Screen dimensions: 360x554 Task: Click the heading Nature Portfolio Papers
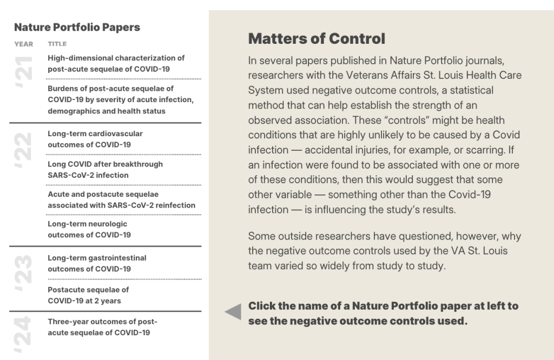pyautogui.click(x=77, y=28)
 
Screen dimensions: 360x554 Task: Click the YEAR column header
pyautogui.click(x=23, y=44)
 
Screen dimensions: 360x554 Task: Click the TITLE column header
pyautogui.click(x=57, y=44)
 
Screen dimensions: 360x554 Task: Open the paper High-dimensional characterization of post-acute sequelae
pyautogui.click(x=116, y=63)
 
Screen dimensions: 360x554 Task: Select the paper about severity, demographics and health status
pyautogui.click(x=120, y=99)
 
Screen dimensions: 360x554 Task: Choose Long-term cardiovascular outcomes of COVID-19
pyautogui.click(x=95, y=139)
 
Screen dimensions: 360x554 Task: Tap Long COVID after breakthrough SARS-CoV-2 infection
pyautogui.click(x=105, y=169)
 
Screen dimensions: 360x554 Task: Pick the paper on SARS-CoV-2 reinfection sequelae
pyautogui.click(x=121, y=199)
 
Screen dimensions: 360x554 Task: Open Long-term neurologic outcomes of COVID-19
pyautogui.click(x=89, y=229)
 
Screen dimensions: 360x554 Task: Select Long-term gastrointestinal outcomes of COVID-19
pyautogui.click(x=97, y=263)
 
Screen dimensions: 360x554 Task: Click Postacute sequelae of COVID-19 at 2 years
pyautogui.click(x=88, y=295)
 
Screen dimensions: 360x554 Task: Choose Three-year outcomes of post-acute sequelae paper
pyautogui.click(x=102, y=327)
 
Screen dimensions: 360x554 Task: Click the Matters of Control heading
pyautogui.click(x=316, y=39)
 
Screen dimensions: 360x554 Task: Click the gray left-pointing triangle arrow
pyautogui.click(x=233, y=312)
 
